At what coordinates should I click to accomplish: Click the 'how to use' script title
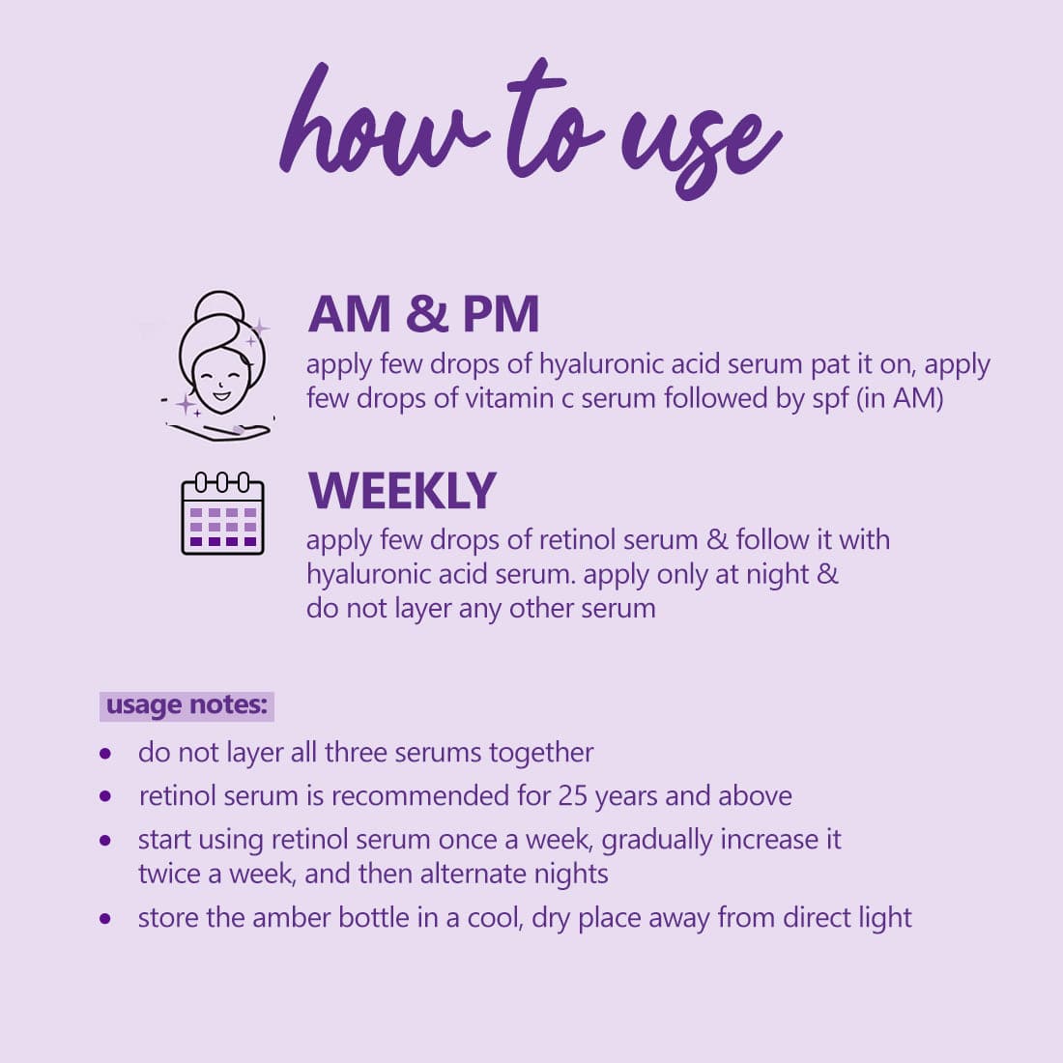(x=531, y=129)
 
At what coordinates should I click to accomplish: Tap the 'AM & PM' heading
(x=423, y=314)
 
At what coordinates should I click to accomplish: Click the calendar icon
(x=222, y=514)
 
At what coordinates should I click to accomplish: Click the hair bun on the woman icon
(x=218, y=306)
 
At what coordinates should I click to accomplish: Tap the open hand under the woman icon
(x=219, y=430)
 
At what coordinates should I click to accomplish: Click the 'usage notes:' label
(x=187, y=705)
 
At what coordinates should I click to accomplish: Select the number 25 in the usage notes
(x=572, y=796)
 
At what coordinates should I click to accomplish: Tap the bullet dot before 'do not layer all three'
(x=105, y=753)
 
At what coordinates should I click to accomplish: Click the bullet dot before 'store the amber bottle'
(x=105, y=919)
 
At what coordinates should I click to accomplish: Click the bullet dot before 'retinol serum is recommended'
(x=105, y=796)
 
